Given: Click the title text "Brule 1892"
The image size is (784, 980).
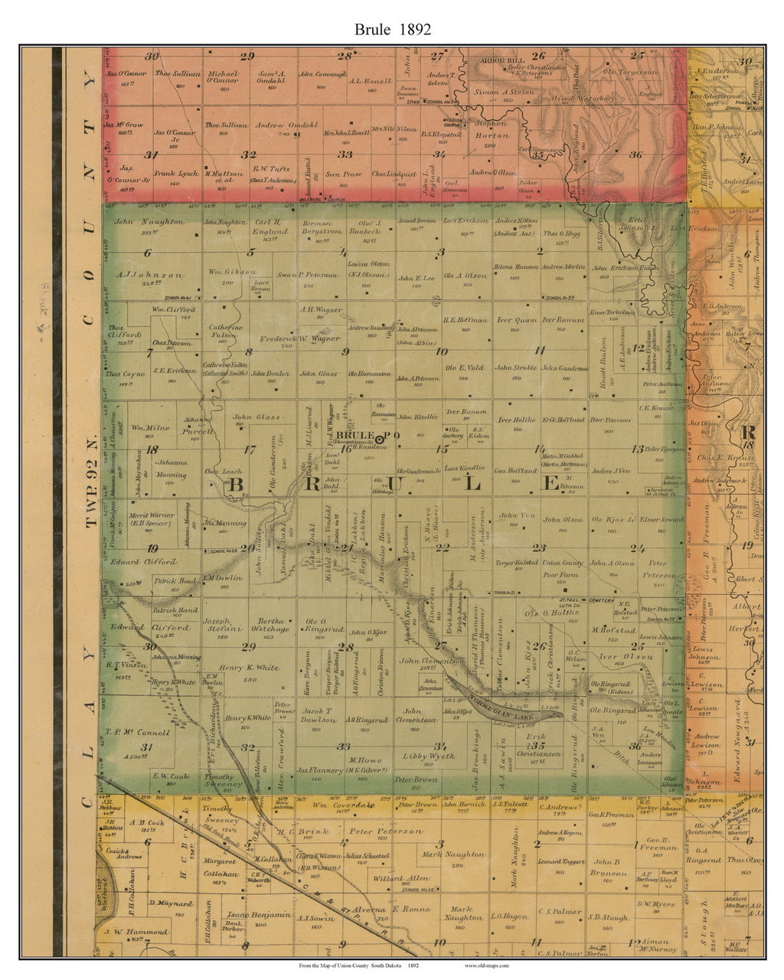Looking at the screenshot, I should (x=392, y=29).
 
